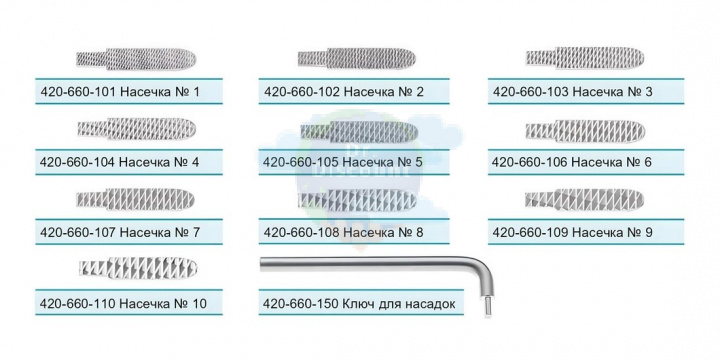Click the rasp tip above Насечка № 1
136,59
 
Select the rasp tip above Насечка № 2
357,58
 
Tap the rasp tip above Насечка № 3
585,57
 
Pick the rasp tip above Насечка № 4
137,129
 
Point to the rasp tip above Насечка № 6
585,130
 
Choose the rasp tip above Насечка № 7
135,199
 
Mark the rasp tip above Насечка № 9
584,199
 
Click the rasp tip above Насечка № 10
138,268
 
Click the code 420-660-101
78,92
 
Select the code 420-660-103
531,92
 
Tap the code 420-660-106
530,162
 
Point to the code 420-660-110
78,304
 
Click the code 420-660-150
301,304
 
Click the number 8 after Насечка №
418,232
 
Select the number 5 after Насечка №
418,162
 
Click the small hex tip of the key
485,305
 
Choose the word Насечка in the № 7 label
141,232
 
